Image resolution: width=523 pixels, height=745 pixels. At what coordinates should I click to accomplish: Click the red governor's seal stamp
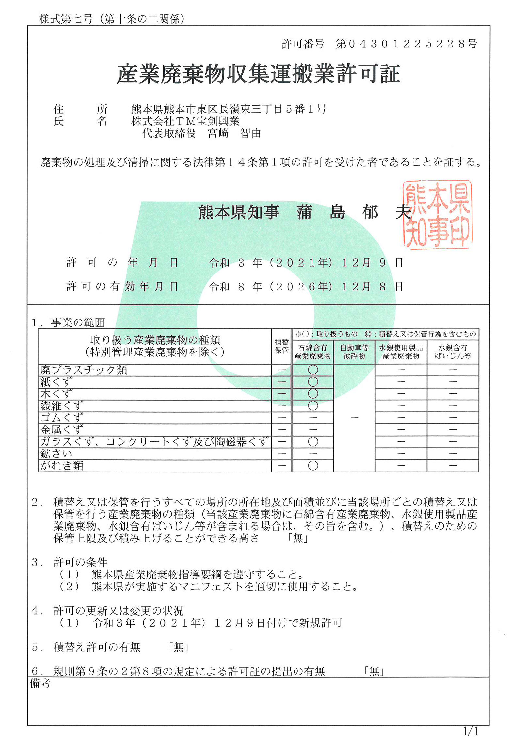point(437,214)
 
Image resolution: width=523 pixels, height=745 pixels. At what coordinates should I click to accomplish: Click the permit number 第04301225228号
point(406,44)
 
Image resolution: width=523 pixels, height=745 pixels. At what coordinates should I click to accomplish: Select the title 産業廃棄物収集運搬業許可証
point(258,74)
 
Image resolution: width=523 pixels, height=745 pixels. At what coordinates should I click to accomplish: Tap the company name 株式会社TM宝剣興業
point(185,121)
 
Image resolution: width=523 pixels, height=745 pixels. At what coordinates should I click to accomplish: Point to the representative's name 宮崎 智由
point(234,133)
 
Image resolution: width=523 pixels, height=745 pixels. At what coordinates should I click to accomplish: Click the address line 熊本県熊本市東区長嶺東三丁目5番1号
point(228,109)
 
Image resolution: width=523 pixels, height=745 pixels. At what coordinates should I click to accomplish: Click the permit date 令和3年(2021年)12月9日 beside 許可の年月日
point(306,263)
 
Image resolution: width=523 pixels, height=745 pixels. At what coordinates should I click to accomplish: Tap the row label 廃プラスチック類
point(84,370)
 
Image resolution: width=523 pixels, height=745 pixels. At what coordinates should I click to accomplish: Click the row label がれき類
point(62,465)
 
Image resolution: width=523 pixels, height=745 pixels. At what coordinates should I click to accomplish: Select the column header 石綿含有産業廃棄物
point(312,352)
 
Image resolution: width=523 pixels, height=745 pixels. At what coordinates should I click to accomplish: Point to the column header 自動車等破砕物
point(354,352)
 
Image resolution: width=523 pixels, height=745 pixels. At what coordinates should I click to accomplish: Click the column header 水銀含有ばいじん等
point(453,352)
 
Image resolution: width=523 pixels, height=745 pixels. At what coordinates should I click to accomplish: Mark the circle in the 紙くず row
point(313,382)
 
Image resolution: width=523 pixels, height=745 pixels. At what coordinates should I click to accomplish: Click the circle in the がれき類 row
point(313,465)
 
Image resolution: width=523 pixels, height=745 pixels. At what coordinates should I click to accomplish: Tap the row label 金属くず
point(62,429)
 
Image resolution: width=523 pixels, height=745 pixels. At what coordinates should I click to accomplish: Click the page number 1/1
point(471,731)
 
